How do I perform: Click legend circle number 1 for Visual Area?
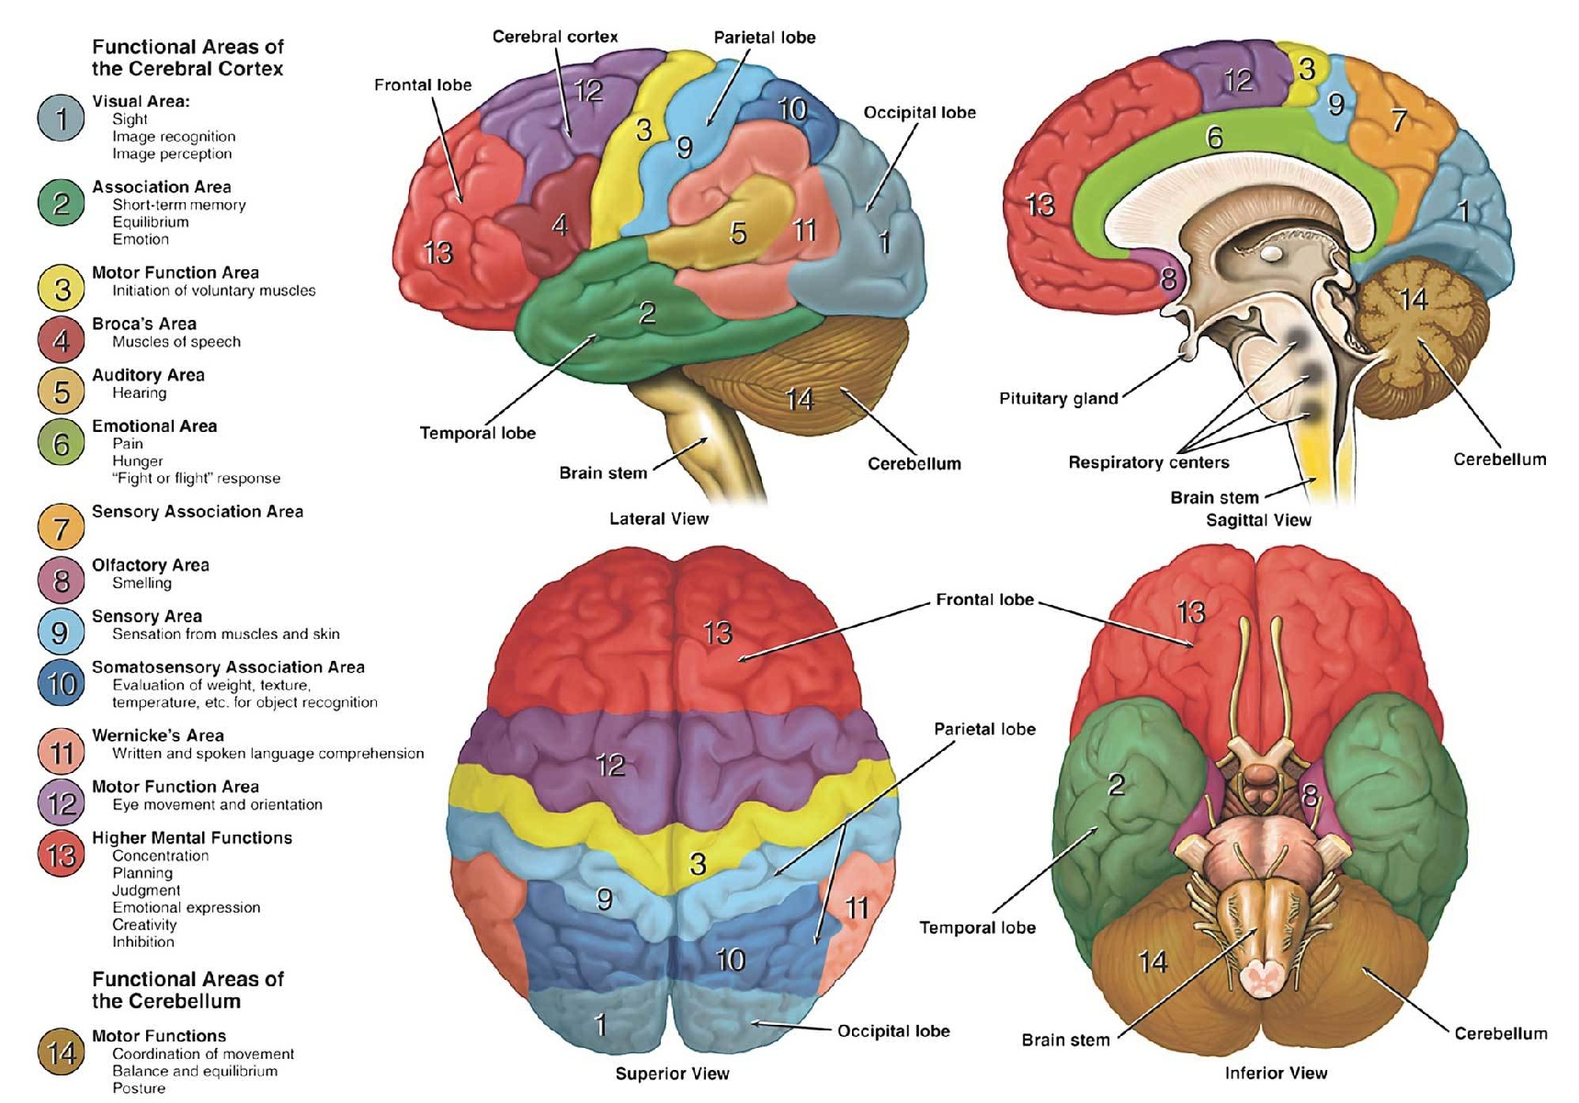[x=61, y=118]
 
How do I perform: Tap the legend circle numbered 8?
[x=61, y=580]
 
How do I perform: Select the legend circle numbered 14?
[x=61, y=1052]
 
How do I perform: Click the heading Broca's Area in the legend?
[x=144, y=324]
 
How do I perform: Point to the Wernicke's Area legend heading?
[x=158, y=735]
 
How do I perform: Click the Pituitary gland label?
[x=1058, y=398]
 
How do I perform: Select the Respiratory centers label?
[x=1148, y=461]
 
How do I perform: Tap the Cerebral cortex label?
[x=554, y=37]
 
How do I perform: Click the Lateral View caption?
[x=659, y=518]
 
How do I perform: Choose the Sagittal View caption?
[x=1258, y=519]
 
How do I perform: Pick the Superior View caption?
[x=672, y=1074]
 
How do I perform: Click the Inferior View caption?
[x=1276, y=1073]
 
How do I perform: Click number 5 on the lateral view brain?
[x=737, y=233]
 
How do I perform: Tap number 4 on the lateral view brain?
[x=560, y=224]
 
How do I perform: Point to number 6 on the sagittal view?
[x=1214, y=138]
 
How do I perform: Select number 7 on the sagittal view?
[x=1399, y=119]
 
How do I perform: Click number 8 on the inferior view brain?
[x=1311, y=795]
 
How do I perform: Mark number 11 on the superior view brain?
[x=857, y=908]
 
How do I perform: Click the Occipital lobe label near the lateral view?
[x=919, y=112]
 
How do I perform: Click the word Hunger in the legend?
[x=138, y=461]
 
